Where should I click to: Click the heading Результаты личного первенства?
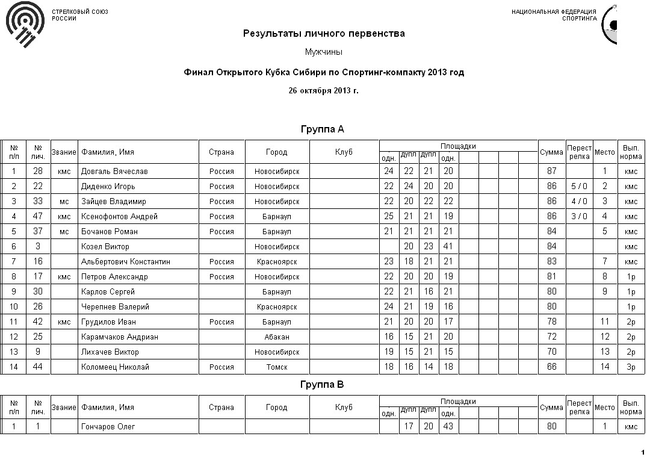(x=324, y=34)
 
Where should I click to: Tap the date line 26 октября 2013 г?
(x=323, y=91)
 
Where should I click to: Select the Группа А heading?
(x=323, y=129)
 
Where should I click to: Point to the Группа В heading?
(x=323, y=385)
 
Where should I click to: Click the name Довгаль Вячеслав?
(x=114, y=172)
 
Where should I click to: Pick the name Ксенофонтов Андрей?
(x=119, y=217)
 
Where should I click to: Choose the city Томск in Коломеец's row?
(x=277, y=367)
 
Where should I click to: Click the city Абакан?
(x=277, y=337)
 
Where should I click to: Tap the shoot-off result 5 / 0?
(x=579, y=187)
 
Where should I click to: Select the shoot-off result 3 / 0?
(x=579, y=217)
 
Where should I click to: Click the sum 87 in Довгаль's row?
(x=551, y=172)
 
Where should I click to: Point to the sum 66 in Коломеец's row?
(x=551, y=367)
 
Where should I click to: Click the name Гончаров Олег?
(x=108, y=427)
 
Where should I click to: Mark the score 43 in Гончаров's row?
(x=448, y=427)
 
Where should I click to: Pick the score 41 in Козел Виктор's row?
(x=448, y=247)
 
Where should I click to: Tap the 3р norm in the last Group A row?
(x=631, y=367)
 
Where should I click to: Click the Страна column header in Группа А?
(x=221, y=152)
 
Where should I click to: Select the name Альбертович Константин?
(x=126, y=262)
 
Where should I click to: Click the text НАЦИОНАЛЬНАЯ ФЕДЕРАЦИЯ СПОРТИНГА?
(x=554, y=15)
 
